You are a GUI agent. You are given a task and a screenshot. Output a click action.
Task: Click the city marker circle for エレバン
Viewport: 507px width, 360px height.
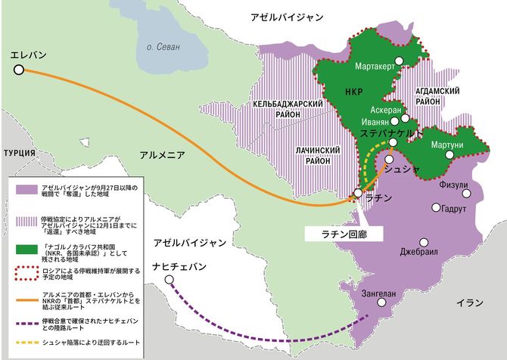tap(19, 70)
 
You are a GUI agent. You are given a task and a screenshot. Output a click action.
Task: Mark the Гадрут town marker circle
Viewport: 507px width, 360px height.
tap(436, 207)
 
